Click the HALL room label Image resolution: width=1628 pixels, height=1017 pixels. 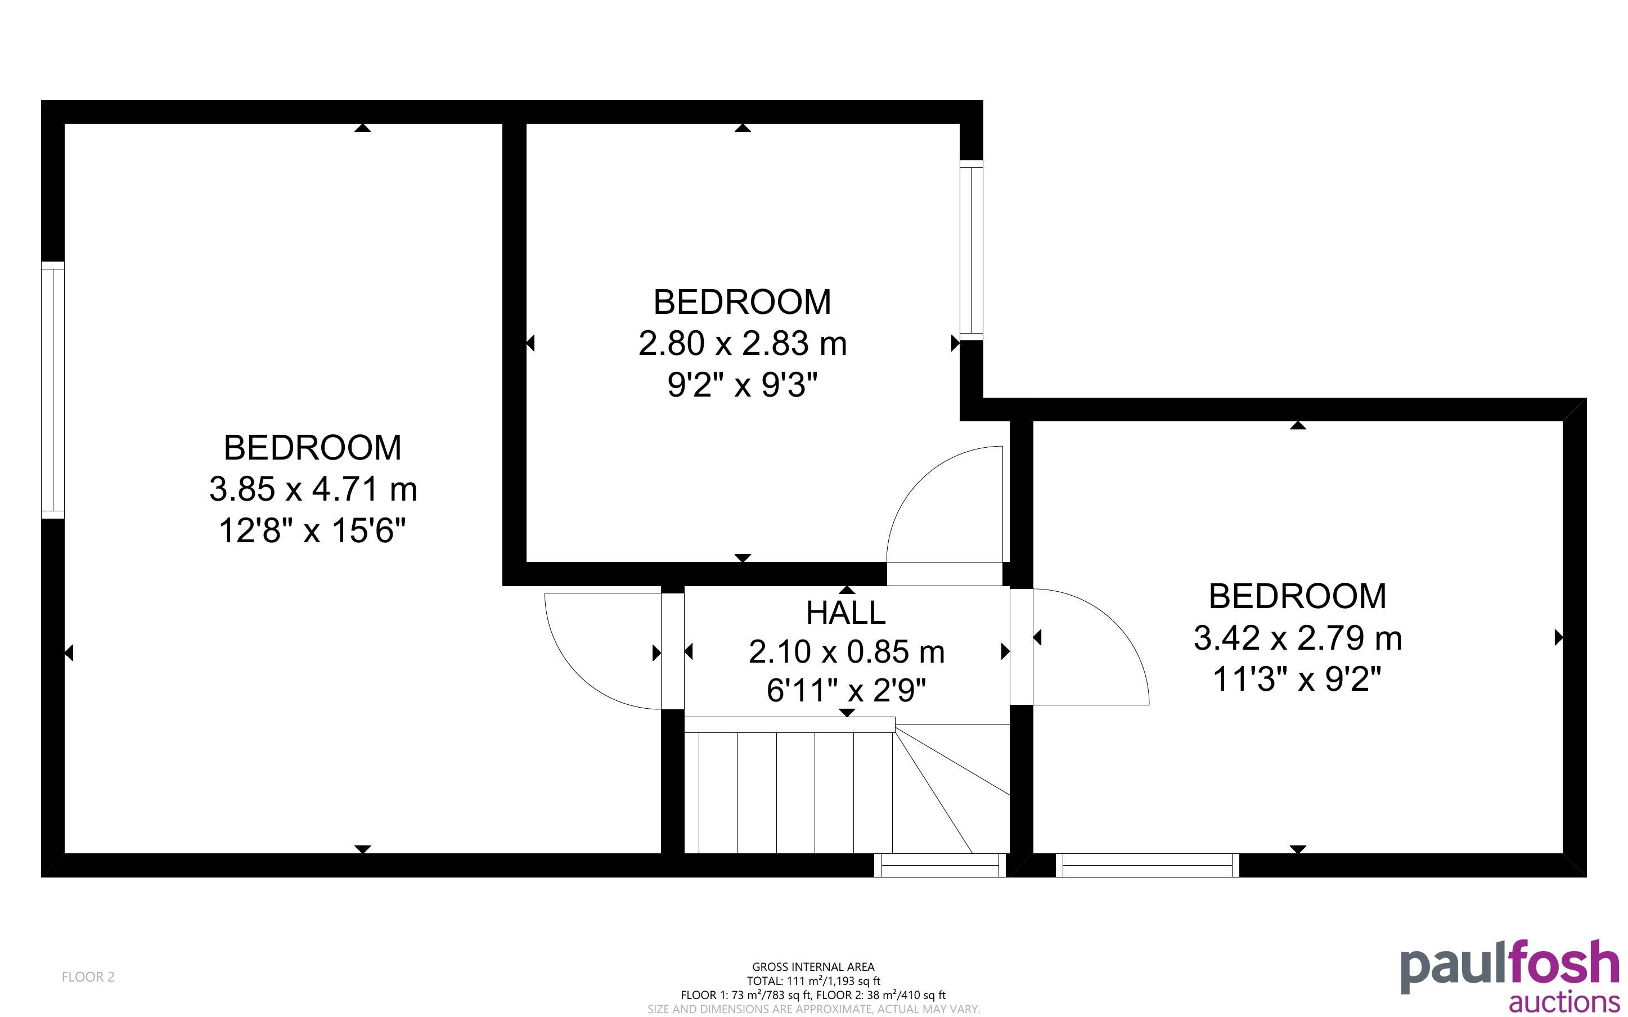pos(846,613)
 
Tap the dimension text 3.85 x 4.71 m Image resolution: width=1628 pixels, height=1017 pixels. pos(313,489)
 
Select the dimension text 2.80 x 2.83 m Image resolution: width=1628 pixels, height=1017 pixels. pos(743,344)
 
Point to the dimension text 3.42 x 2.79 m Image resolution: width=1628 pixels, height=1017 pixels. pos(1297,638)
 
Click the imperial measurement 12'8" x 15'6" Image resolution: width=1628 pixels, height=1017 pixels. pos(313,530)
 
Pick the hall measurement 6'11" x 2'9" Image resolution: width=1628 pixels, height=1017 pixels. pos(846,690)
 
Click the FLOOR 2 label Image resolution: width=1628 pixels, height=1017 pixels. pos(88,976)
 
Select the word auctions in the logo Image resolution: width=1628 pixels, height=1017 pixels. pos(1564,1001)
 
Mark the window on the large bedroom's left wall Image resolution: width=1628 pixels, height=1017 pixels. pos(52,390)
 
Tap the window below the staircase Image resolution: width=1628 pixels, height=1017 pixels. pos(940,866)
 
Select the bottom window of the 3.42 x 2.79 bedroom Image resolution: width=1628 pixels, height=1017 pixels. pos(1147,866)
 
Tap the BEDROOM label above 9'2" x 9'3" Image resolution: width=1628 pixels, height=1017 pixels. pos(743,302)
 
